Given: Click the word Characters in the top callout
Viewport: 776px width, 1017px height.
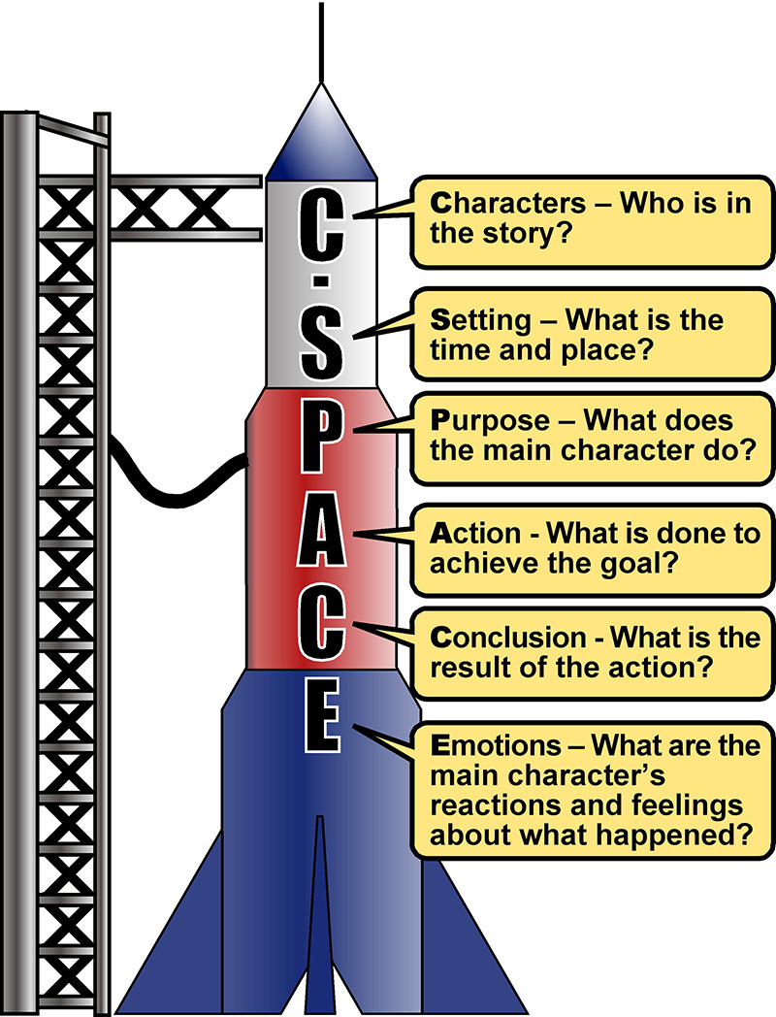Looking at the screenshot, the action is pos(508,203).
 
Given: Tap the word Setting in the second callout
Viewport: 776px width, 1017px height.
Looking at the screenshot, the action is pos(480,320).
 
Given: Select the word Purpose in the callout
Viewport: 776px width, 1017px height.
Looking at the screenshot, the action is pos(490,421).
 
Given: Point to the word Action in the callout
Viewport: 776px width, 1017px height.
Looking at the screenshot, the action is pos(475,533).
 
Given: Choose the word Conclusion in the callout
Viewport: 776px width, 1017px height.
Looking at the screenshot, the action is pos(508,637).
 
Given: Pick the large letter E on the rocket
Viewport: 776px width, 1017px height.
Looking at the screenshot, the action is pos(322,715).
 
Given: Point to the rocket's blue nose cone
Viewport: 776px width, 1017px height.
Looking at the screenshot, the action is pos(321,136).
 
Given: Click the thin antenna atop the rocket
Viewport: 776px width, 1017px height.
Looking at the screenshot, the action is pos(321,42).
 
